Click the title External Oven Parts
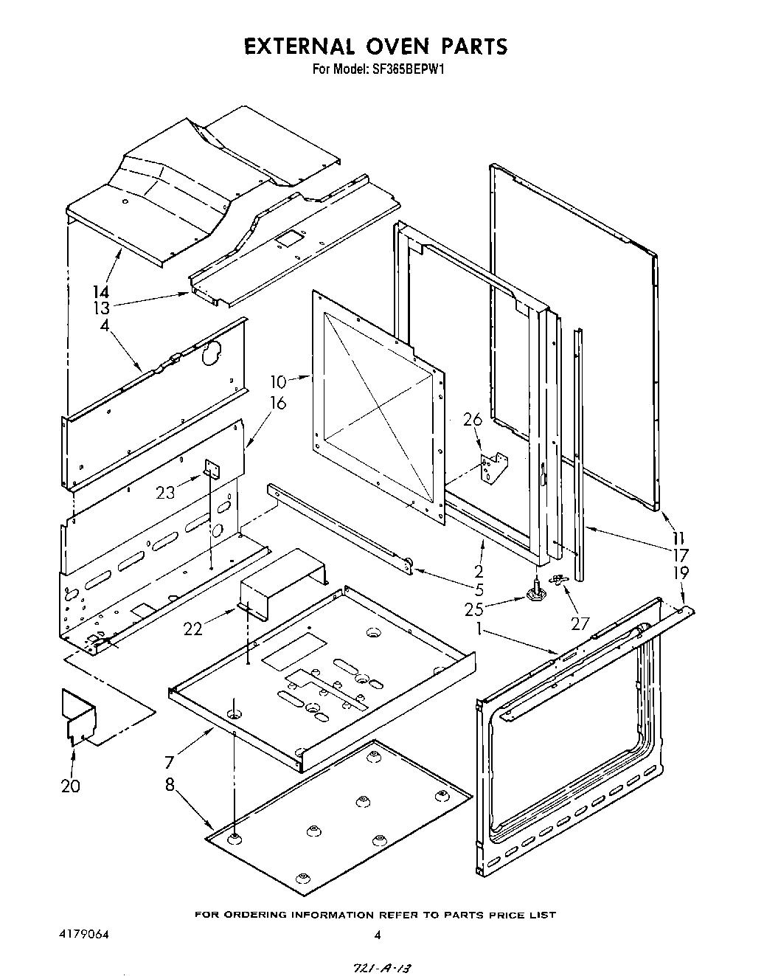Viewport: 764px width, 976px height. pyautogui.click(x=376, y=46)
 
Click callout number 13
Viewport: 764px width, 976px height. pyautogui.click(x=101, y=308)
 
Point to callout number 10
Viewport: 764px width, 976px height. pyautogui.click(x=278, y=381)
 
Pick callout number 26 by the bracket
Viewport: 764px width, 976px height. pyautogui.click(x=472, y=420)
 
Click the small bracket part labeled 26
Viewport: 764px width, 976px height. pyautogui.click(x=493, y=468)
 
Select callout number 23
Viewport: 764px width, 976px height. pyautogui.click(x=165, y=492)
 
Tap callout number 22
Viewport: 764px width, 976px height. pyautogui.click(x=193, y=628)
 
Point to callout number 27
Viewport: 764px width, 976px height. pyautogui.click(x=580, y=624)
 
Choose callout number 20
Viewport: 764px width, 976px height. pyautogui.click(x=71, y=786)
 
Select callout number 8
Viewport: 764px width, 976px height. pyautogui.click(x=170, y=786)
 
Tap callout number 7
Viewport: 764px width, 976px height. pyautogui.click(x=170, y=762)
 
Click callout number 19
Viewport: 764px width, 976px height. pyautogui.click(x=681, y=572)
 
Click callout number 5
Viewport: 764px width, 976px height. pyautogui.click(x=479, y=589)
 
